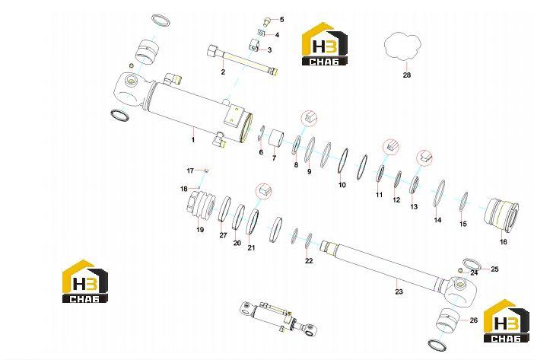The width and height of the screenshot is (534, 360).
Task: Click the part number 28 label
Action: (407, 75)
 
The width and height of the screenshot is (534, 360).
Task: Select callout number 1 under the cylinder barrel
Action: (192, 139)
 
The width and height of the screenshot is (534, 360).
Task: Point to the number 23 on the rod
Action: (399, 292)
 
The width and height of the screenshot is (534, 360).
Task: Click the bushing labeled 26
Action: (447, 320)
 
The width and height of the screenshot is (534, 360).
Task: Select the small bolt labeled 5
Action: (267, 23)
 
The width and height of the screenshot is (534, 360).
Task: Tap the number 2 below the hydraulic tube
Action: (223, 72)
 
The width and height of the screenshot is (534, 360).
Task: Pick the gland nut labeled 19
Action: (201, 207)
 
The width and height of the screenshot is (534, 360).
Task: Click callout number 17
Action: (190, 170)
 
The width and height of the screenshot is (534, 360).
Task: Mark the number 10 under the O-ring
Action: (342, 185)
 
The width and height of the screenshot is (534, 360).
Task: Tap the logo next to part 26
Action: (506, 321)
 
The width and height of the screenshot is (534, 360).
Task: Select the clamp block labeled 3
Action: (255, 45)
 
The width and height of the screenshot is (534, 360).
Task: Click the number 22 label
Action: (309, 261)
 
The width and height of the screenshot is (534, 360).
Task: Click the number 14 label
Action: (437, 220)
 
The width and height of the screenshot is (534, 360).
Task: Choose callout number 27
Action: (223, 235)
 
